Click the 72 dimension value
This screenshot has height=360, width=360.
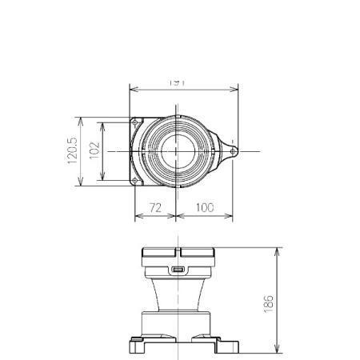coord(155,207)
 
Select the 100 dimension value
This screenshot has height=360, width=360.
coord(205,207)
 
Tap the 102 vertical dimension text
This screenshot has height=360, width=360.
coord(94,152)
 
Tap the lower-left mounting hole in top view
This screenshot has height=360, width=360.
coord(136,180)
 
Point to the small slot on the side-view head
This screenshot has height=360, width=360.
coord(178,269)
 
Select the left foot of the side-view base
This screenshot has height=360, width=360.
coord(138,346)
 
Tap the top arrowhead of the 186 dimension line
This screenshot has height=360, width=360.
coord(277,250)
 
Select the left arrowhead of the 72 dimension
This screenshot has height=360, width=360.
coord(134,216)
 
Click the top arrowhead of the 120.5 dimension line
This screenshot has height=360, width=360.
coord(81,119)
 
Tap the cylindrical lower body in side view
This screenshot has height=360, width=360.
coord(178,322)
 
